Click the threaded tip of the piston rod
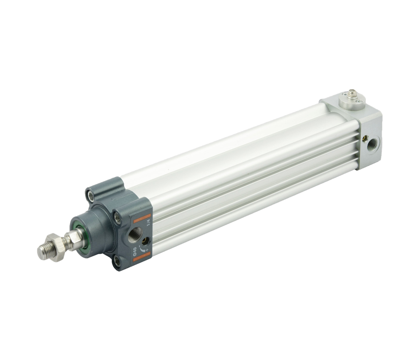(44, 251)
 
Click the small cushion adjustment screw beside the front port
(145, 241)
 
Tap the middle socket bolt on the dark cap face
(117, 216)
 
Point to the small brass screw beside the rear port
(364, 139)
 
